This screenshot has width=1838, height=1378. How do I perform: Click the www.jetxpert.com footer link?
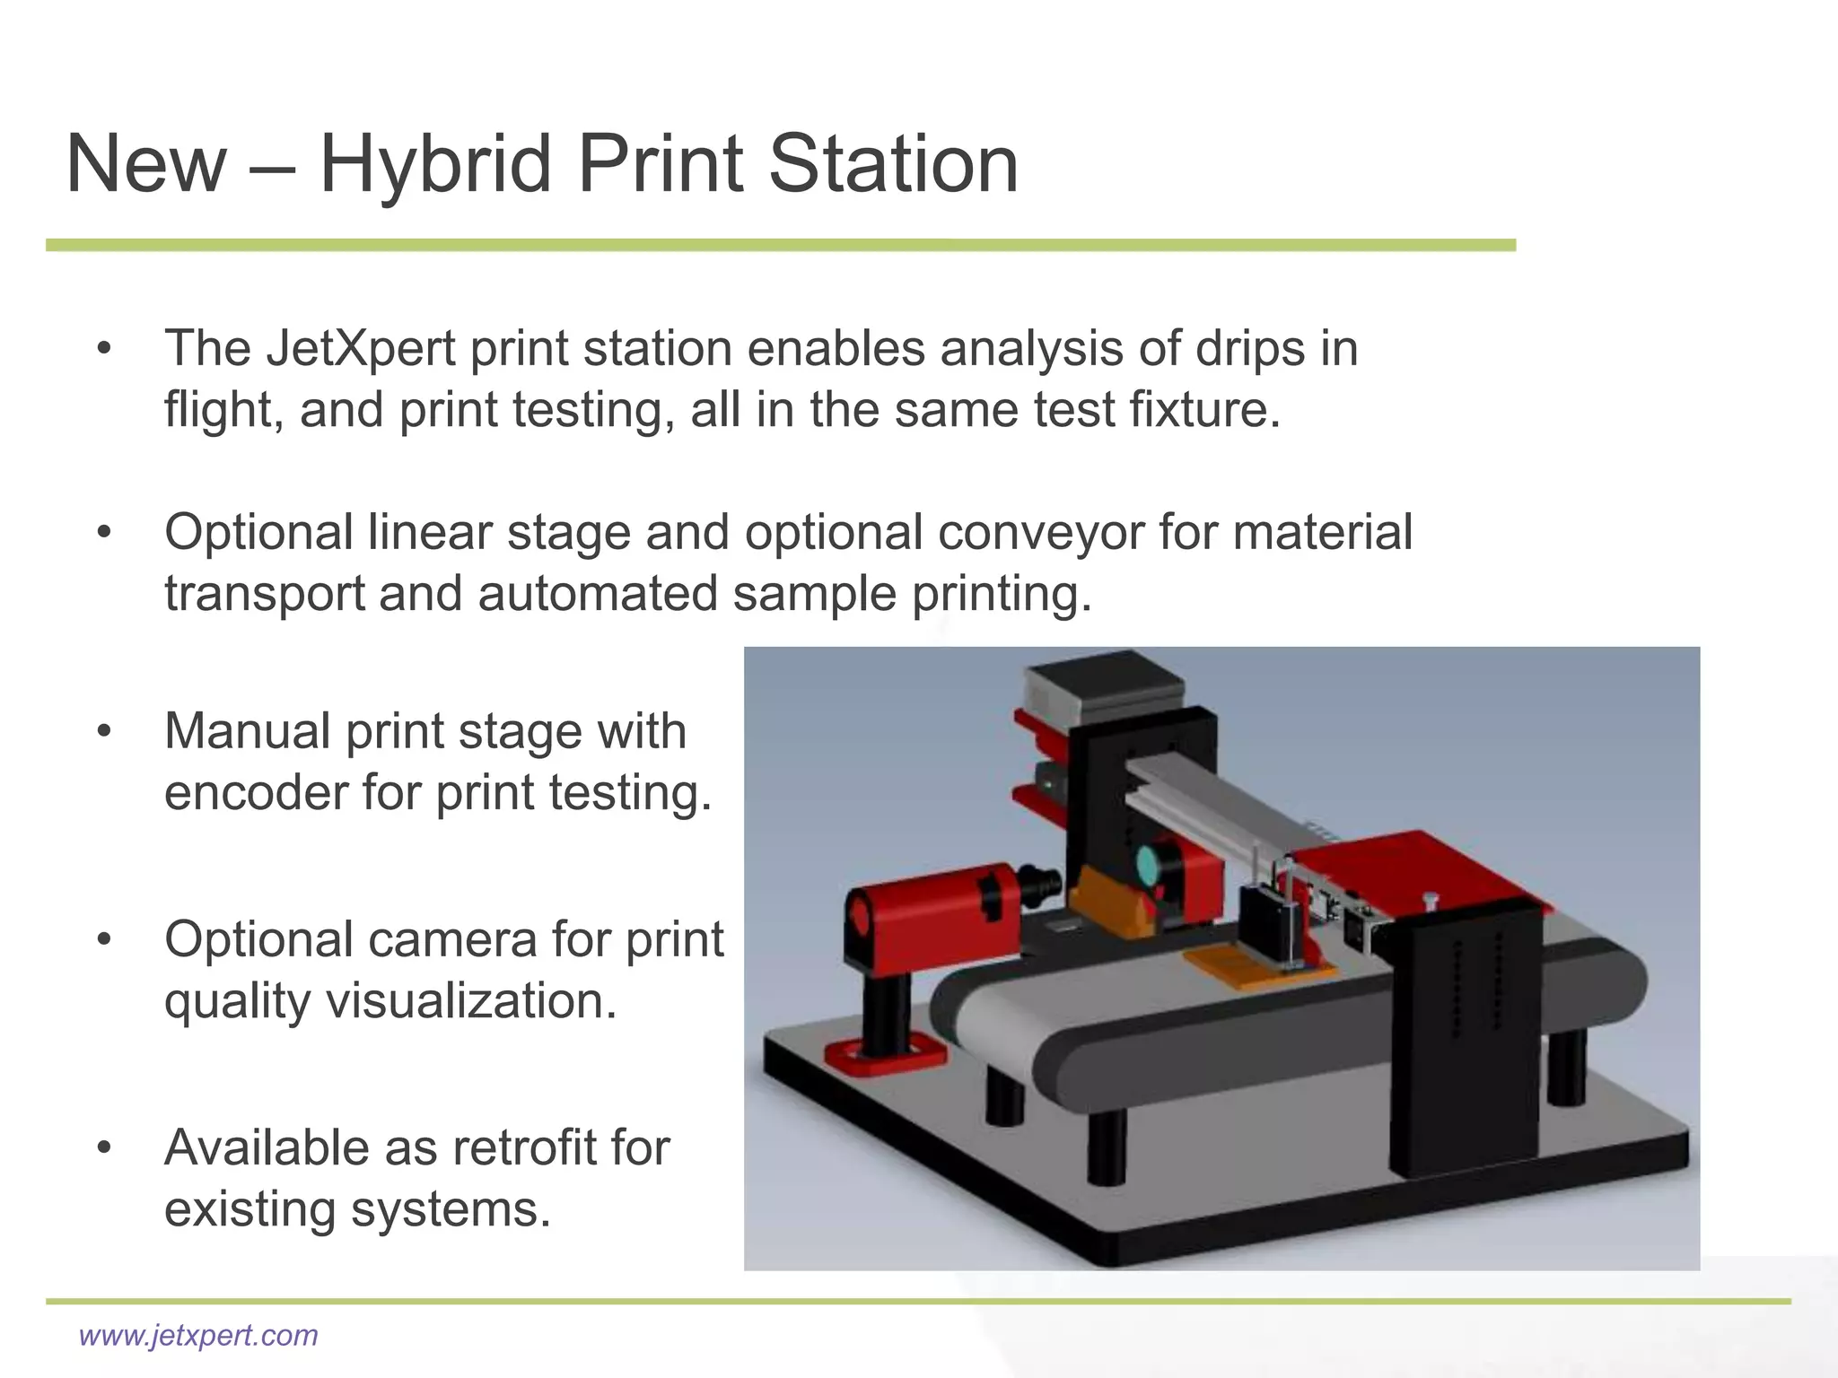(x=198, y=1335)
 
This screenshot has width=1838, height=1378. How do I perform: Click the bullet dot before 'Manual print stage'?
(x=105, y=732)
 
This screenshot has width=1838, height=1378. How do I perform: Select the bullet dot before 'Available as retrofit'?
(x=105, y=1148)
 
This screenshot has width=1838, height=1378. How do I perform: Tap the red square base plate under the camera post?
(x=884, y=1057)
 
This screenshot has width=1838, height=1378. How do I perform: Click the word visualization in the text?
(x=471, y=1000)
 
